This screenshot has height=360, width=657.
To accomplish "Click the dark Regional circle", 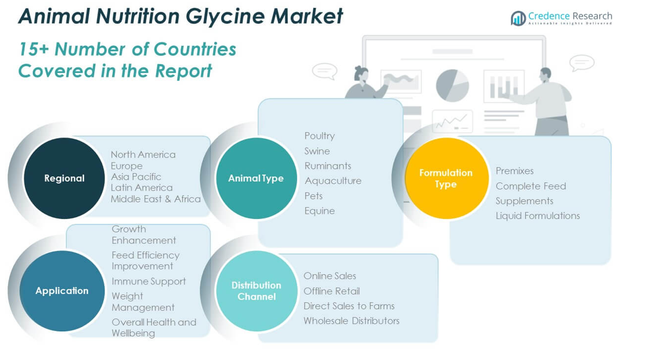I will [x=64, y=178].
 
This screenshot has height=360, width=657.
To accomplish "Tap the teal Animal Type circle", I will [x=256, y=178].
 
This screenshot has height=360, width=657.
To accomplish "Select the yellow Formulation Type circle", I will [x=446, y=178].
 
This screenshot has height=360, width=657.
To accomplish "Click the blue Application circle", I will [x=62, y=290].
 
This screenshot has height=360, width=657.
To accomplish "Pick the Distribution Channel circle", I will [x=256, y=290].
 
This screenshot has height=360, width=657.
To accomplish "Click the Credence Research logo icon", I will [x=518, y=18].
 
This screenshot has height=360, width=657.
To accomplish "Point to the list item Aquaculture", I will [x=333, y=181].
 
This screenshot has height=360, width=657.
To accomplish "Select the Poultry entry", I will [x=319, y=136].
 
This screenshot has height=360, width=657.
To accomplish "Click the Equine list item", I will [x=319, y=211].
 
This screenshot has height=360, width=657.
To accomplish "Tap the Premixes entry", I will [x=515, y=171].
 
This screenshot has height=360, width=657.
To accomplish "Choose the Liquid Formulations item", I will [x=538, y=216].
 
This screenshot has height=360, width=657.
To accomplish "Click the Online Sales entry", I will [x=330, y=276].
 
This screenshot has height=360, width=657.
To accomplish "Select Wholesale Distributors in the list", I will [x=351, y=321].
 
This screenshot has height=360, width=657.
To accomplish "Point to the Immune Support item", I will [x=148, y=281].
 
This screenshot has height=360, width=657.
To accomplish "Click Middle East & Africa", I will [x=155, y=199].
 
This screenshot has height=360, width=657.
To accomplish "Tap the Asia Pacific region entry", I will [x=136, y=176].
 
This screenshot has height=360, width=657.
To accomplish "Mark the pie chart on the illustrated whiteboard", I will [x=452, y=85].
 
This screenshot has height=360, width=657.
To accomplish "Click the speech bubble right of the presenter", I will [x=581, y=63].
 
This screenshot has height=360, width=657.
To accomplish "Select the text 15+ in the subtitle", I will [x=33, y=49].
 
